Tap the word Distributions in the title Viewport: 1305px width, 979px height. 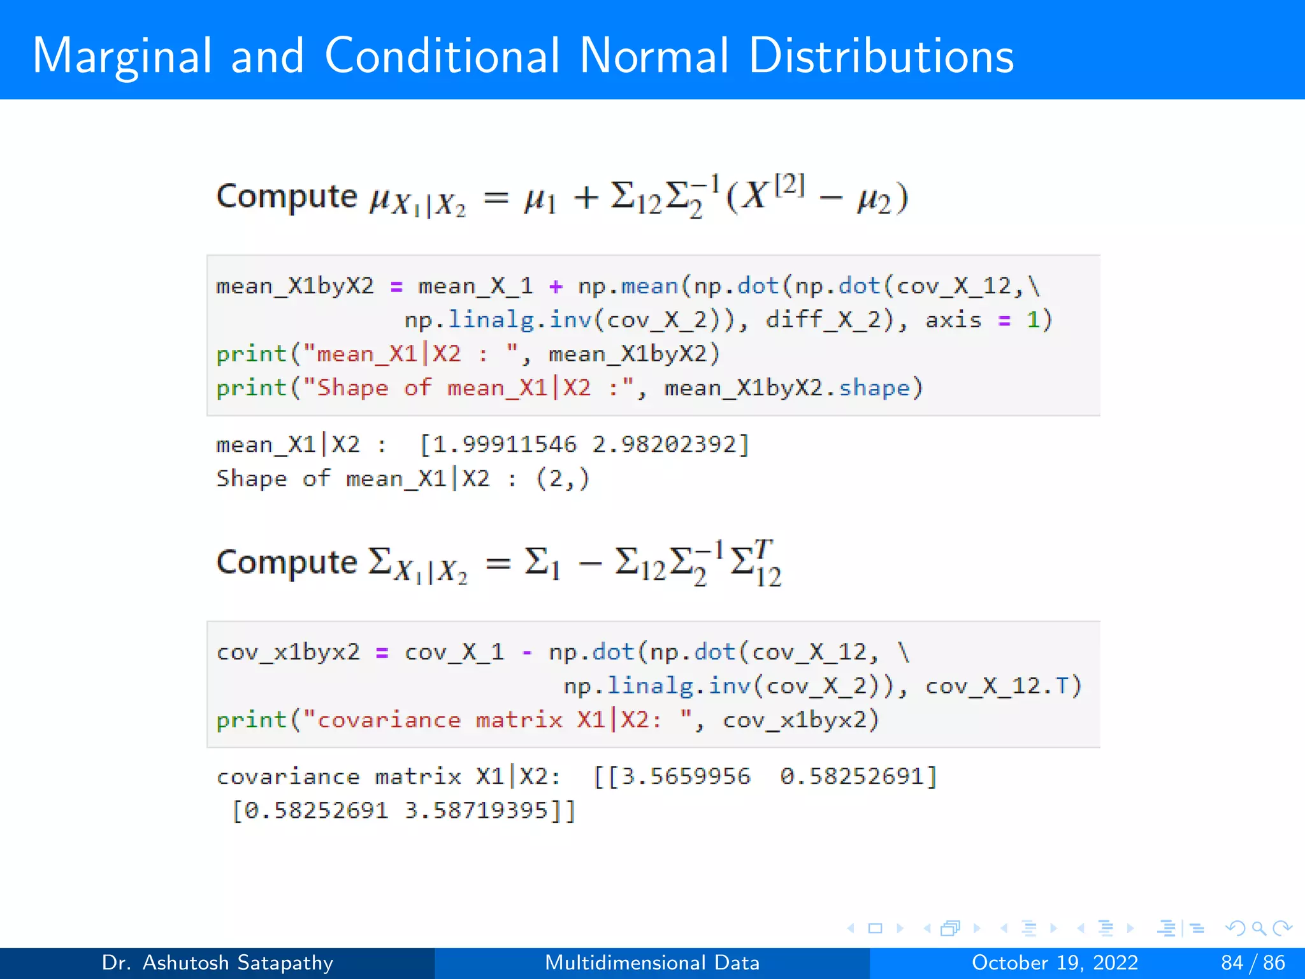[x=881, y=56]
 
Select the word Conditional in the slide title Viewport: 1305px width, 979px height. [x=442, y=56]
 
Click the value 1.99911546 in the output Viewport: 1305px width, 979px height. [x=505, y=444]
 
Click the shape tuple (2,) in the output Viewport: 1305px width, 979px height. [x=562, y=478]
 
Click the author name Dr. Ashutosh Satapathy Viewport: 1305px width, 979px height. [x=217, y=962]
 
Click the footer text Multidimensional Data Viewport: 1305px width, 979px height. [x=652, y=962]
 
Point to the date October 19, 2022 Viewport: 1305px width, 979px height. [x=1055, y=962]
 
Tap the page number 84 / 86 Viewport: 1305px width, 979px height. [x=1253, y=962]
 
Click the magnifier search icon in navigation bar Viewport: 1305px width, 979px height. [x=1258, y=928]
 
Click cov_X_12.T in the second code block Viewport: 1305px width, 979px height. [x=997, y=686]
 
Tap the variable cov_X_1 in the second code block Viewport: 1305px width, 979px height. [x=454, y=652]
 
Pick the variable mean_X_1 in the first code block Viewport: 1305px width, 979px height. [x=475, y=286]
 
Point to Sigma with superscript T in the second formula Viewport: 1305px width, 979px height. [x=756, y=562]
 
